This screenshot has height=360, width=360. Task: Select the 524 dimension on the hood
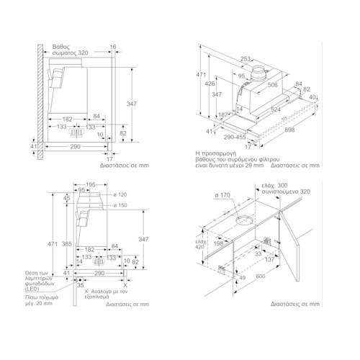click(275, 109)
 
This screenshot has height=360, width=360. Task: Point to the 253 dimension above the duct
click(246, 58)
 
